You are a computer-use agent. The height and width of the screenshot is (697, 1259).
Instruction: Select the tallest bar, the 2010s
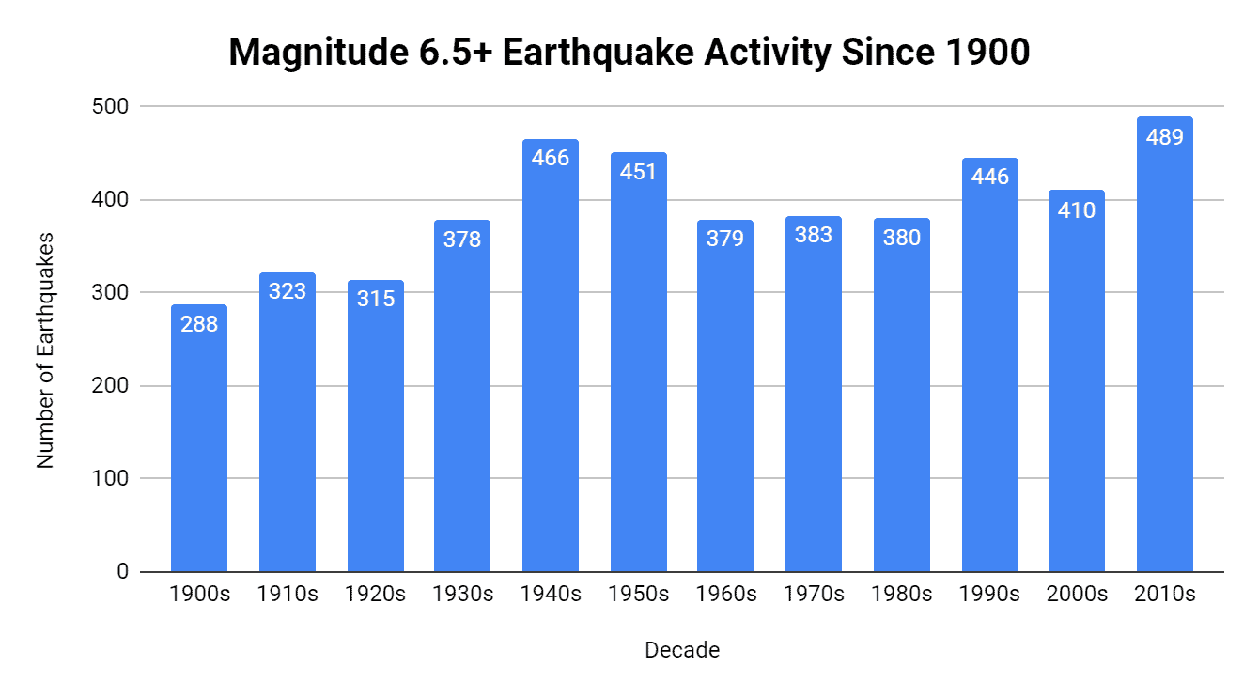[x=1165, y=357]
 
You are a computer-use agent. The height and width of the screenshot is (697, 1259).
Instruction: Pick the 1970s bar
[x=814, y=404]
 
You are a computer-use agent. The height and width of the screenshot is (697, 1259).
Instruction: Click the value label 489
[x=1165, y=136]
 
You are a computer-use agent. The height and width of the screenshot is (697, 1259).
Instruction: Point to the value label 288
[x=199, y=324]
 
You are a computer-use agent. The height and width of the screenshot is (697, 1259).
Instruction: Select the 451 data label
[x=639, y=172]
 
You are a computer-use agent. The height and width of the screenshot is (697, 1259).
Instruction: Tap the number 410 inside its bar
[x=1077, y=209]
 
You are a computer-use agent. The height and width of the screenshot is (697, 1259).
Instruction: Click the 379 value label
[x=725, y=239]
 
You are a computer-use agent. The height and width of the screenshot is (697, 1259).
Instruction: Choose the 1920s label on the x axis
[x=376, y=595]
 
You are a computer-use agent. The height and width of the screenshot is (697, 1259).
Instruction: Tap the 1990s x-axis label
[x=988, y=595]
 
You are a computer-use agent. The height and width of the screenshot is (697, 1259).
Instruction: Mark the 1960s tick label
[x=725, y=595]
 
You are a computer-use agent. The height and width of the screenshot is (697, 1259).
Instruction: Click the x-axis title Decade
[x=682, y=650]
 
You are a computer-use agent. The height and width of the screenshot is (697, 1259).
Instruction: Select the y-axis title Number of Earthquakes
[x=45, y=350]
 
